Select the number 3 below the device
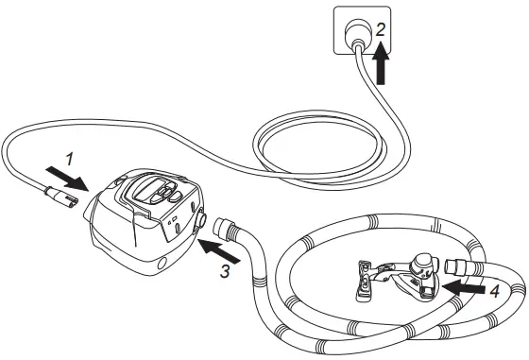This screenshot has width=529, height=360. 223,271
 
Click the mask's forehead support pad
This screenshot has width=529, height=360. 365,284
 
